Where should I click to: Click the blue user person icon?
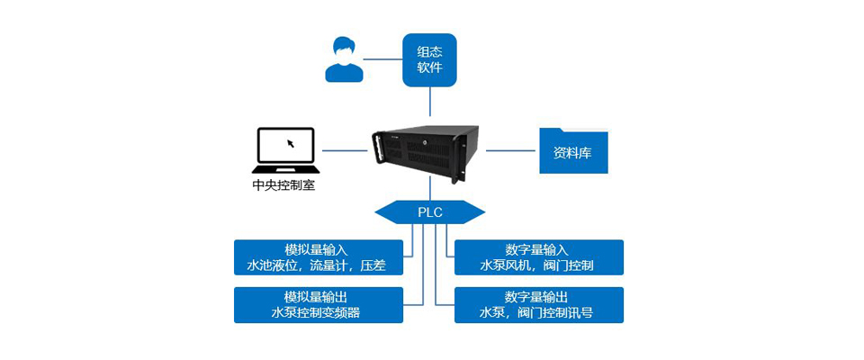(x=344, y=59)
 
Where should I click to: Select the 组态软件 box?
(x=429, y=59)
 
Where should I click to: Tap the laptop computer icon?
(x=285, y=150)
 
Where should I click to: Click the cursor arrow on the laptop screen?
(x=290, y=143)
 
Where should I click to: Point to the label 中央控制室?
(x=284, y=186)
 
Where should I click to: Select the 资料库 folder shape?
(x=573, y=150)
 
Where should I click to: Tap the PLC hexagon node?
(x=429, y=212)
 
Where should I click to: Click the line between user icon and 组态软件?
(x=382, y=59)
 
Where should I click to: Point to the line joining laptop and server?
(x=345, y=150)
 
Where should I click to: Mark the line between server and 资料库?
(x=510, y=150)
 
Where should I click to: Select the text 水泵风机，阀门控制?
(x=537, y=265)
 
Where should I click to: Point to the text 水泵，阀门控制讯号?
(x=537, y=313)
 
